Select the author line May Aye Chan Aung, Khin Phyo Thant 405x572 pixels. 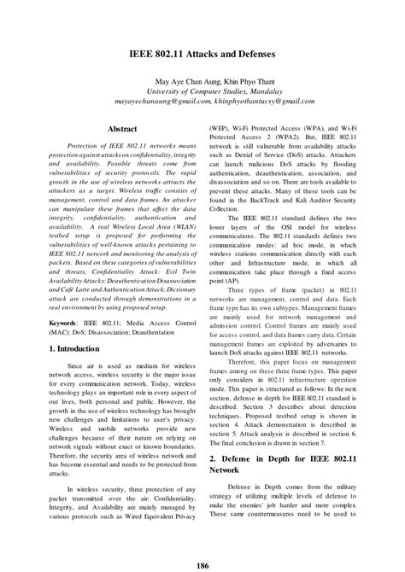(202, 85)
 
